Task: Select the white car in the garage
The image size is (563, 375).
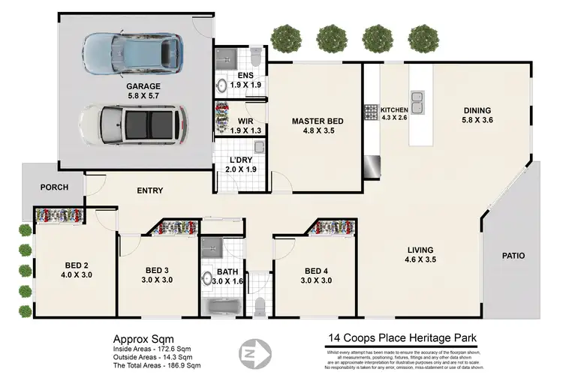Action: pyautogui.click(x=131, y=124)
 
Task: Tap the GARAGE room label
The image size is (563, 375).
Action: pyautogui.click(x=143, y=86)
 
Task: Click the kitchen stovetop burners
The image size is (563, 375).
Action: pyautogui.click(x=370, y=112)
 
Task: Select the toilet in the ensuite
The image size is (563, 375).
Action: pyautogui.click(x=254, y=58)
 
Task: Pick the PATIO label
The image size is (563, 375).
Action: pyautogui.click(x=514, y=256)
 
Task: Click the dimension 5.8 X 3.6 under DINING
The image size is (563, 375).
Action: pyautogui.click(x=476, y=120)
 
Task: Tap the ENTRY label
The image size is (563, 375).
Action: pyautogui.click(x=149, y=190)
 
